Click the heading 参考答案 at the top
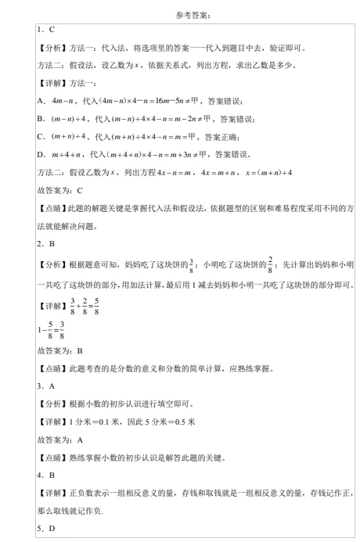181,14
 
